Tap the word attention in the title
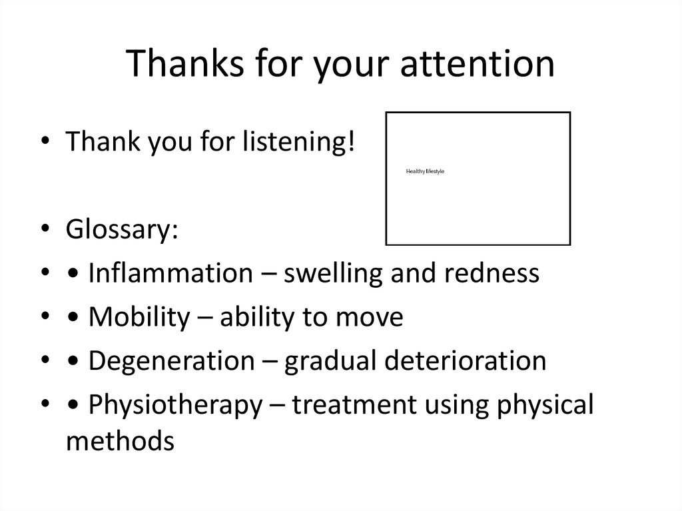tap(470, 64)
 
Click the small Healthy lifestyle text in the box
tap(425, 172)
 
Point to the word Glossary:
tap(122, 230)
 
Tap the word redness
tap(488, 273)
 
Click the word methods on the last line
tap(121, 440)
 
